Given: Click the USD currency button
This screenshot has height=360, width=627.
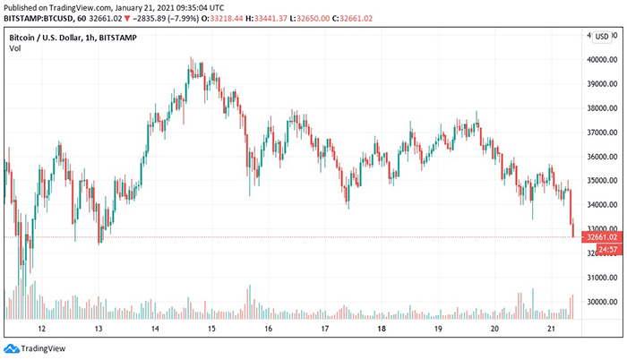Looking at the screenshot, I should [601, 37].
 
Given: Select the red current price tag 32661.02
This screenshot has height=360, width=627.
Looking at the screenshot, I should [598, 237].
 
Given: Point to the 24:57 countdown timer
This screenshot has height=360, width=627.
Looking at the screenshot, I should [598, 248].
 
